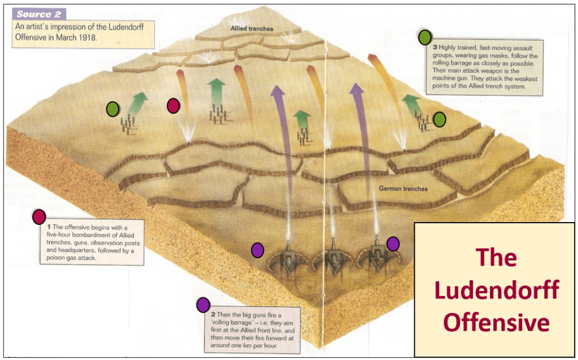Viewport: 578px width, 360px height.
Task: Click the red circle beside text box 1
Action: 39,216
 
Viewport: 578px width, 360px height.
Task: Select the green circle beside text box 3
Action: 425,37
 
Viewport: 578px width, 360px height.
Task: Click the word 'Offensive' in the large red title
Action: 496,322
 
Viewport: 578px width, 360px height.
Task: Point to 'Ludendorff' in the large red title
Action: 496,290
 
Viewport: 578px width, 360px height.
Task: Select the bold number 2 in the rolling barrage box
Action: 212,314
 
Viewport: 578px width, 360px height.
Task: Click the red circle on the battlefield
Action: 173,105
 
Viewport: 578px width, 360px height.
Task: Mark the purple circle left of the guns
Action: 258,249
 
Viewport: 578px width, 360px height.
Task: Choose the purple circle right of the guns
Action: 393,244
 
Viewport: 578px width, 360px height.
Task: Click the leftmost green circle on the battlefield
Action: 112,109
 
